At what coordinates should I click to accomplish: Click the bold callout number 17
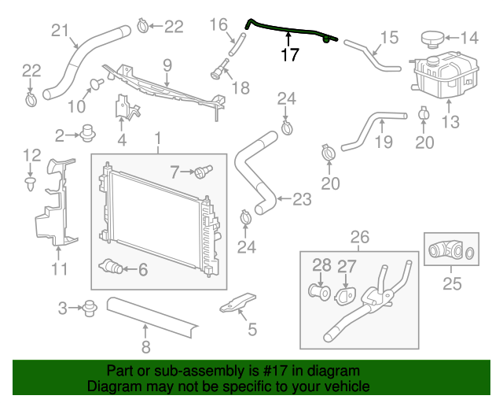point(289,54)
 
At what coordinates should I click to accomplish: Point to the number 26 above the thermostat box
point(359,236)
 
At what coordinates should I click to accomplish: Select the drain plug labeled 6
point(112,268)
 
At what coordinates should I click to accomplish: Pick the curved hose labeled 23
point(257,173)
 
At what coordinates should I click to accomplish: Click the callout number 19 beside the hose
point(382,142)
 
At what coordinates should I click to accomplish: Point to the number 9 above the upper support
point(167,63)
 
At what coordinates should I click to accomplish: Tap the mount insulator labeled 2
point(89,135)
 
